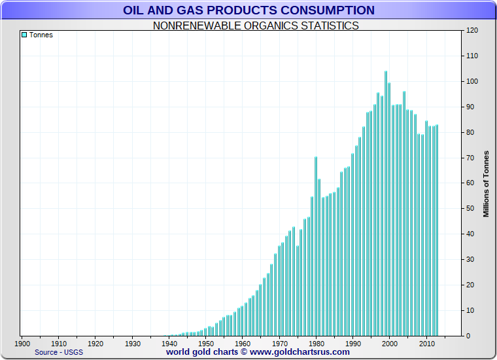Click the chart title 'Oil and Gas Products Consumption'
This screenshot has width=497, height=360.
248,10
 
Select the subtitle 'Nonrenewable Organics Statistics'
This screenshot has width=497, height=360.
255,26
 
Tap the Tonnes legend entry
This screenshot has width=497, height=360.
37,35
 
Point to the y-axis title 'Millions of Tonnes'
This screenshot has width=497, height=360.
486,183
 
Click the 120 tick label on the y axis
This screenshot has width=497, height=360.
472,31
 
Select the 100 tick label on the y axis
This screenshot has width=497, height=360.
472,81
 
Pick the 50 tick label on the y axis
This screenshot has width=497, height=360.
470,208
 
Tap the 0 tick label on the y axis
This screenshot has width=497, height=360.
468,335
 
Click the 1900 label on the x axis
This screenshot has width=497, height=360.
22,343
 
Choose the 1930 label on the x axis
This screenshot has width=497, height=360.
133,343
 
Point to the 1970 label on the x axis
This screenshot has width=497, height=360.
280,343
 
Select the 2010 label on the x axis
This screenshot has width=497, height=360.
427,343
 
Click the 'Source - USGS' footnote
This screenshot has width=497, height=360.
58,351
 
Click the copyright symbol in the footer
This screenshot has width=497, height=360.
243,351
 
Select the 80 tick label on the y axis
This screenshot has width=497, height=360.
470,132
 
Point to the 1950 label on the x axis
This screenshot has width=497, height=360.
206,343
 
